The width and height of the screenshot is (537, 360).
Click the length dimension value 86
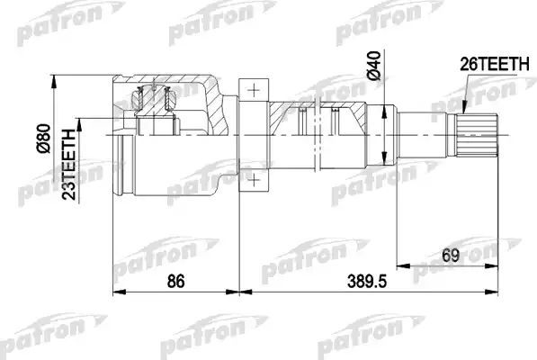point(176,282)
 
